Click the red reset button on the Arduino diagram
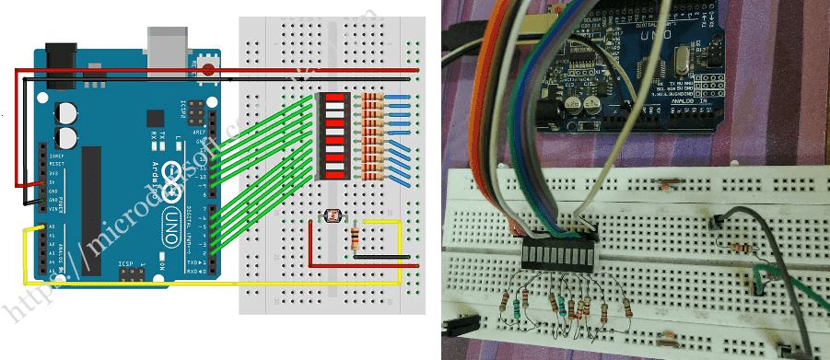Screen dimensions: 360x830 [x=209, y=68]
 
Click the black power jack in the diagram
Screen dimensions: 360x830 [x=60, y=63]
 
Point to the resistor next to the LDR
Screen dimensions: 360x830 [x=357, y=239]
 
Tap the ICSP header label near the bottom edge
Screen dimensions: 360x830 [x=127, y=264]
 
